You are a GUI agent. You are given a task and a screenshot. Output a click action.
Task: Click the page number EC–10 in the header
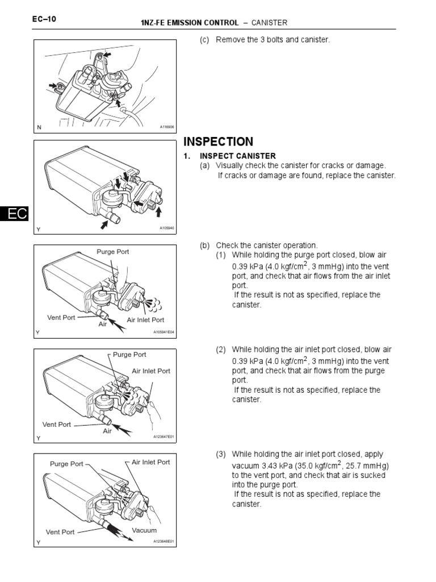44,20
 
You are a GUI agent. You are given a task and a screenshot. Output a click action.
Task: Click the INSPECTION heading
218,142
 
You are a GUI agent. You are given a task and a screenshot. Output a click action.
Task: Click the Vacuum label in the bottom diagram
144,530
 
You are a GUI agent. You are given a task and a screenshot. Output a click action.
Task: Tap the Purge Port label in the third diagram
113,251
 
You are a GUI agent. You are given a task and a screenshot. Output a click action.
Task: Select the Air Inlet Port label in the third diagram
145,320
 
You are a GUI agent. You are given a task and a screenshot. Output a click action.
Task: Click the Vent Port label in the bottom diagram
60,532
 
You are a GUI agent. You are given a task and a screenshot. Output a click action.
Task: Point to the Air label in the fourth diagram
108,431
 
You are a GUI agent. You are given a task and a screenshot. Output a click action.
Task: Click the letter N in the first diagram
39,128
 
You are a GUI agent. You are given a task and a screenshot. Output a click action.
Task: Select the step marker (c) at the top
204,40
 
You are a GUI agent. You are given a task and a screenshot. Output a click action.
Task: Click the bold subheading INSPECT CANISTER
237,156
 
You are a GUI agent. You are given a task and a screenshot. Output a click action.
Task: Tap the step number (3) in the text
221,454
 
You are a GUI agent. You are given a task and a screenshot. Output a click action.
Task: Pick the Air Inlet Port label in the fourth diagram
151,371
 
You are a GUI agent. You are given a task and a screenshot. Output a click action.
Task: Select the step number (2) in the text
221,350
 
